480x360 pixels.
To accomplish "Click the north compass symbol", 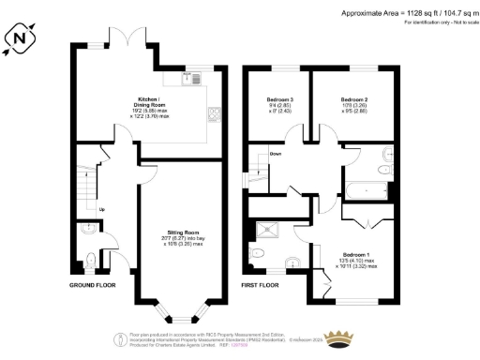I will [x=21, y=38].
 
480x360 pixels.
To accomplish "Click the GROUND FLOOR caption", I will [x=91, y=283].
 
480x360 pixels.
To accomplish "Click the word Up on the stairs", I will [x=102, y=209].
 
